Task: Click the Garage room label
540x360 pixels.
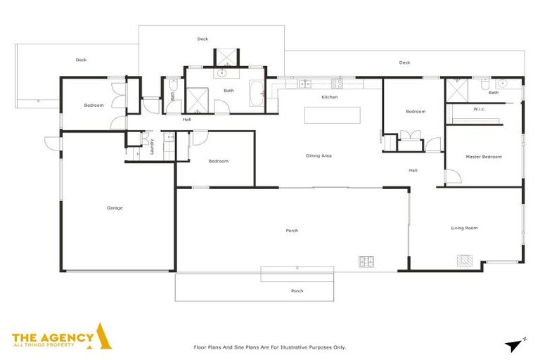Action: point(115,207)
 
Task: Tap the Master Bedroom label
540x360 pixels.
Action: point(484,157)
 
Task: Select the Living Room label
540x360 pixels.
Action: point(464,228)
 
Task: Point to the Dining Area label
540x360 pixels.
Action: point(319,155)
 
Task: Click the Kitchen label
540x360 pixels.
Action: point(330,97)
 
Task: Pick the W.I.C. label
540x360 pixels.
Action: point(480,109)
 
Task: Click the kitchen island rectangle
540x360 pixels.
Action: point(332,115)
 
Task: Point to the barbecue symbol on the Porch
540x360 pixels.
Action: point(366,262)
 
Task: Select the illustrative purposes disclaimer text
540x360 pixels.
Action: point(269,347)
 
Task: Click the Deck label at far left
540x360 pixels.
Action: point(82,60)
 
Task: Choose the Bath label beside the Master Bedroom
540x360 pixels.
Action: point(494,93)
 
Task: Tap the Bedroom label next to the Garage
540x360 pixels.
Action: point(94,105)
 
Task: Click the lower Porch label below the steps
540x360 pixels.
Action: point(297,290)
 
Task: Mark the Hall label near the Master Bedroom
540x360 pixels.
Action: point(413,170)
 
